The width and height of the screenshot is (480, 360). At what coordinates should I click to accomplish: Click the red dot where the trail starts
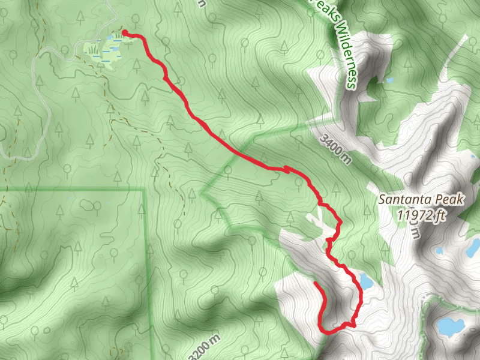click(x=124, y=33)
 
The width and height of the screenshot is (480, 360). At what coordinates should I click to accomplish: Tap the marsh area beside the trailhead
click(x=106, y=51)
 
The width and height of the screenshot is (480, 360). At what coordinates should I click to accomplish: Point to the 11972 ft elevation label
click(x=423, y=214)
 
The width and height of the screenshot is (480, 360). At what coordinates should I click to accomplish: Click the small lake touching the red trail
click(x=365, y=280)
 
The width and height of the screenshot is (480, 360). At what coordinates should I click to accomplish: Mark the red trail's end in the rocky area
click(x=315, y=281)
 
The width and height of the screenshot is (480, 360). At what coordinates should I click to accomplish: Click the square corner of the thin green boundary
click(x=145, y=190)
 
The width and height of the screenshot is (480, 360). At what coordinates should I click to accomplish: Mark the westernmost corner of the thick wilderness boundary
click(x=203, y=193)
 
